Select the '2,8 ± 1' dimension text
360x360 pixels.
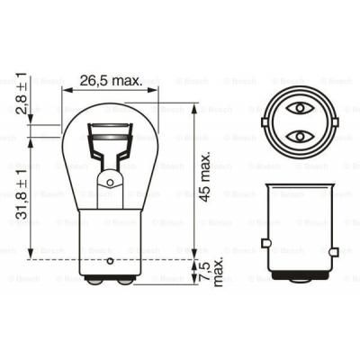[20, 110]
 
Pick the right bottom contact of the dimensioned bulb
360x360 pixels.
[126, 282]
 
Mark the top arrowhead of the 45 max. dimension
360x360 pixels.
[194, 102]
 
